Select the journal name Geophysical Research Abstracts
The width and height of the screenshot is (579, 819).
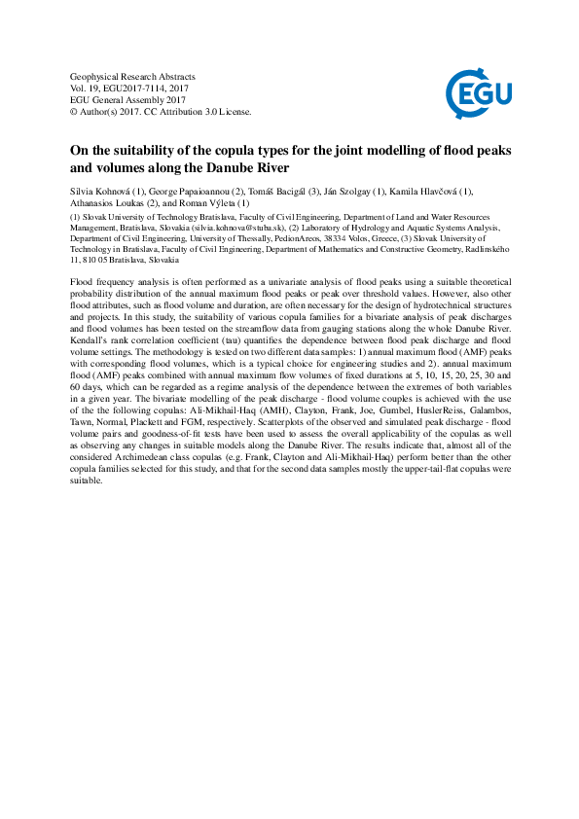(133, 76)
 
